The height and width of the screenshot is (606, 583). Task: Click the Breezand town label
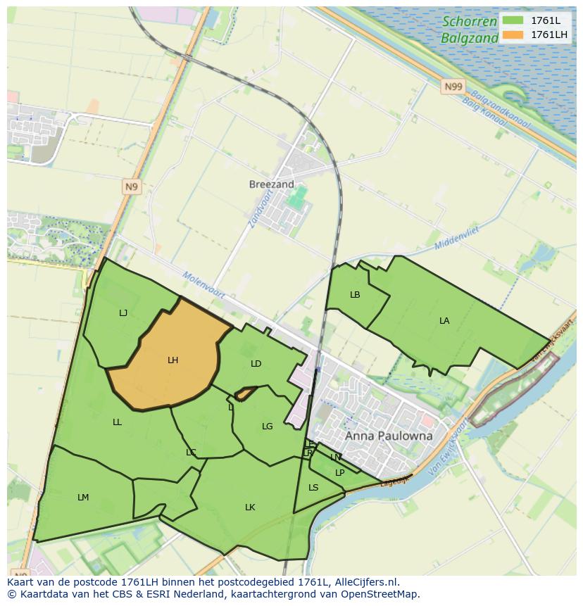click(x=271, y=184)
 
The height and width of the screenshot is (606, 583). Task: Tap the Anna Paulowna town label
click(x=388, y=436)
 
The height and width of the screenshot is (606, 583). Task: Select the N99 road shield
click(x=453, y=87)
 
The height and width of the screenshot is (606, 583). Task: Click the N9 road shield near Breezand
click(x=131, y=187)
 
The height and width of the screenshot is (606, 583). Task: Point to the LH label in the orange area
click(x=173, y=360)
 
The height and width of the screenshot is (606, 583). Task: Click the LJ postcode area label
click(x=123, y=313)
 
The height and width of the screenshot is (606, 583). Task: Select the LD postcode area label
click(x=256, y=364)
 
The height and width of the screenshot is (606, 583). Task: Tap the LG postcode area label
click(x=267, y=427)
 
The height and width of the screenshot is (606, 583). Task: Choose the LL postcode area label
click(x=117, y=422)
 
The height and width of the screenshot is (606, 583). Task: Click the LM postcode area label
click(x=83, y=498)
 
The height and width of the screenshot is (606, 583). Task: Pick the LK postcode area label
click(x=250, y=507)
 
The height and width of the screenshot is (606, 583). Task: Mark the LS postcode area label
click(x=313, y=488)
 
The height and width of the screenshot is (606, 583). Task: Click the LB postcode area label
click(x=355, y=295)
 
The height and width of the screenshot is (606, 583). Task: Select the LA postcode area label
click(x=444, y=321)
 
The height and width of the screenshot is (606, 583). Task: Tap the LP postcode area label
click(x=339, y=473)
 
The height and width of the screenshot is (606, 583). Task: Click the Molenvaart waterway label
click(x=203, y=285)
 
